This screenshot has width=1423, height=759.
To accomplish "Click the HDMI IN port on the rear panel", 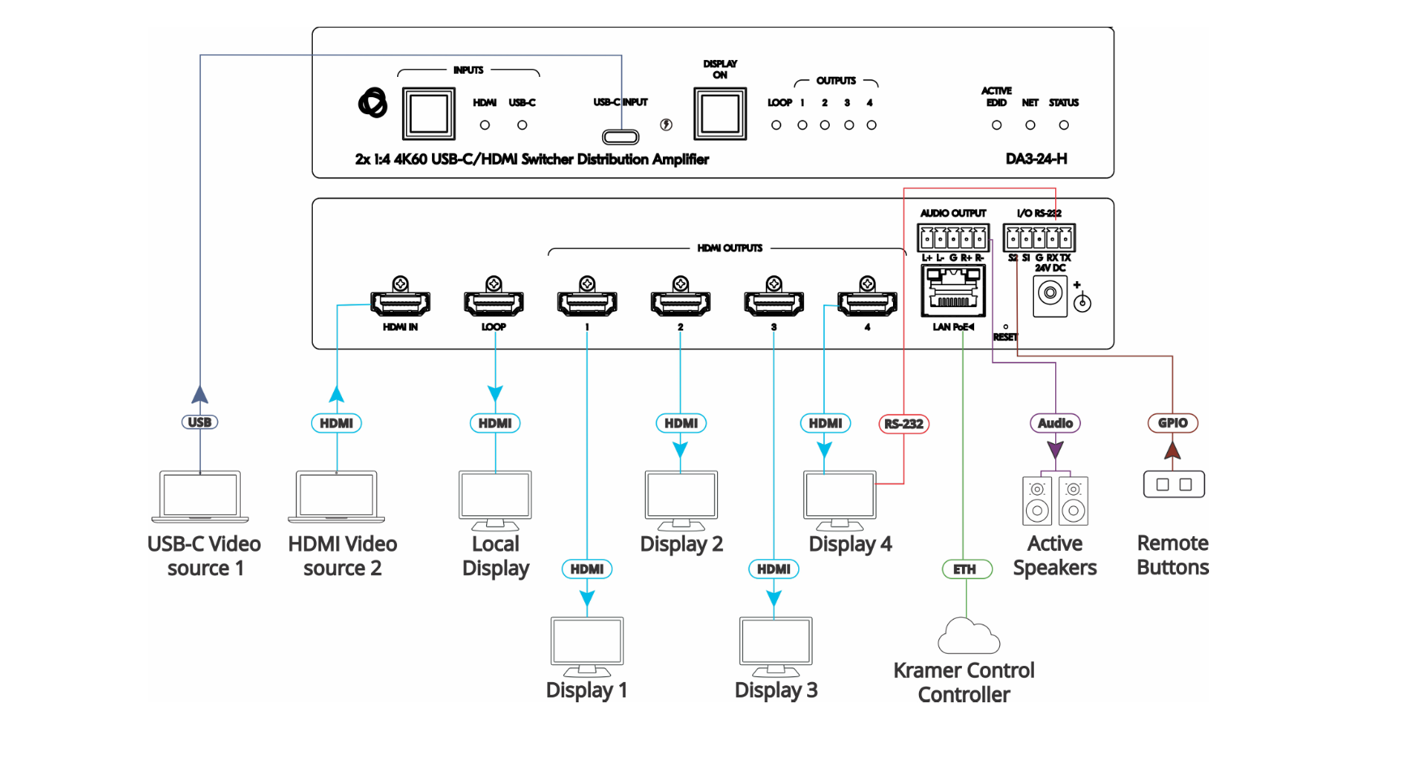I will click(x=400, y=303).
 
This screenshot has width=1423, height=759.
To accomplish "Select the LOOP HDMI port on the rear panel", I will click(x=494, y=303).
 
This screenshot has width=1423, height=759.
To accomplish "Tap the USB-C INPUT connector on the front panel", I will click(x=621, y=137).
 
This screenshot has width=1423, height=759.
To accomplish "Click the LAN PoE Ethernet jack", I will click(x=953, y=292).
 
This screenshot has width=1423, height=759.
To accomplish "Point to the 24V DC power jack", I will click(x=1050, y=293).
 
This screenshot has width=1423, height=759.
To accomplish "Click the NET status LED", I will click(x=1030, y=126).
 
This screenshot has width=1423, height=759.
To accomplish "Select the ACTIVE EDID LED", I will click(x=997, y=126).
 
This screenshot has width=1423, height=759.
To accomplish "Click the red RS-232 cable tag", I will click(x=904, y=424).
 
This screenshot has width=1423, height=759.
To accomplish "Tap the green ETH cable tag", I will click(x=964, y=569).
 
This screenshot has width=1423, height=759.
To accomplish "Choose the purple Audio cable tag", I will click(x=1055, y=423).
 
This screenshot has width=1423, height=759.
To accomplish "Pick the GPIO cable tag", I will click(x=1173, y=423).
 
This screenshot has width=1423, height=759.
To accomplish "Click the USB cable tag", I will click(x=199, y=422).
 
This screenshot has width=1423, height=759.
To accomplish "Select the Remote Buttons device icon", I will click(x=1173, y=484).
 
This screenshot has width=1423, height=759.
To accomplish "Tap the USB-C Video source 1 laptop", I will click(x=200, y=496).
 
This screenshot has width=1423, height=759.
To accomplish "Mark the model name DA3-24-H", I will click(x=1036, y=159).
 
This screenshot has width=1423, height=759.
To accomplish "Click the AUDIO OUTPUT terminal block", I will click(x=953, y=238).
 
